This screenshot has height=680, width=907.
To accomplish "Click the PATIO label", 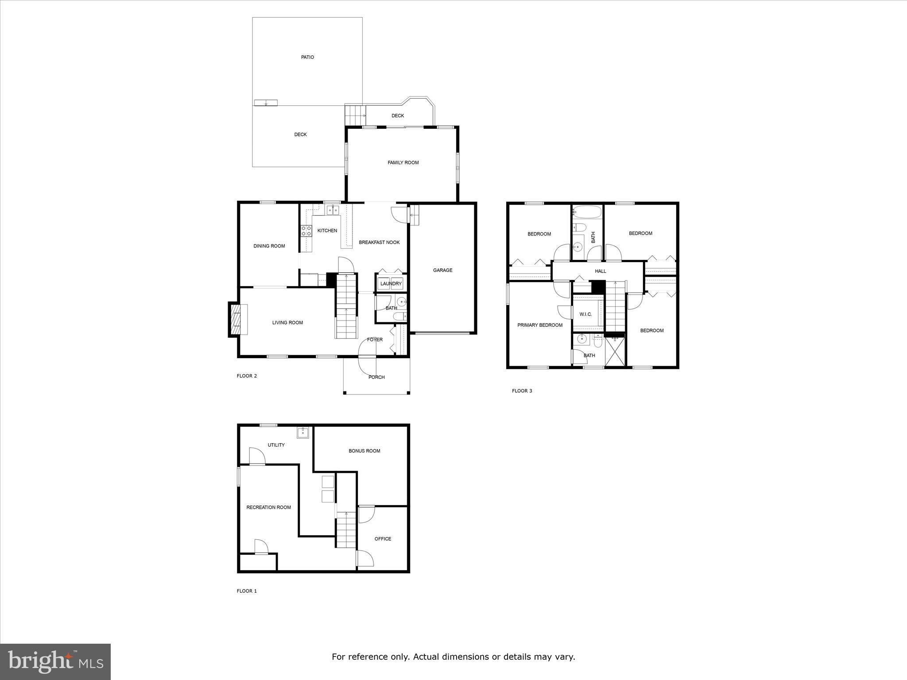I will pyautogui.click(x=307, y=57).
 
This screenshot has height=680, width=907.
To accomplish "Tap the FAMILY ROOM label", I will pyautogui.click(x=403, y=162).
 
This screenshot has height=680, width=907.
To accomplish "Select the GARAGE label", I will pyautogui.click(x=442, y=270).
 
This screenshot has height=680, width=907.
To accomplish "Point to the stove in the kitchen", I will pyautogui.click(x=306, y=230).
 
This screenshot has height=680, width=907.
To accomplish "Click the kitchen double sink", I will pyautogui.click(x=333, y=210).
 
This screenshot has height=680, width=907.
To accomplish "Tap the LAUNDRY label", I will pyautogui.click(x=391, y=284).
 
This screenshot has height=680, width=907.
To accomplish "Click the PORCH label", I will pyautogui.click(x=376, y=377).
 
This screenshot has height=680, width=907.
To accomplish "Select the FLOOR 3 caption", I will pyautogui.click(x=522, y=391).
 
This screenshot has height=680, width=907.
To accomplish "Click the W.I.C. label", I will pyautogui.click(x=585, y=314).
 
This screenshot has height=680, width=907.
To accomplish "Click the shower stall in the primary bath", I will pyautogui.click(x=615, y=352).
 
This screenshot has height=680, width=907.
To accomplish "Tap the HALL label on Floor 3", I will pyautogui.click(x=600, y=271).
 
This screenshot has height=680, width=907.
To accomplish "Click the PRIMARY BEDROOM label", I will pyautogui.click(x=540, y=325).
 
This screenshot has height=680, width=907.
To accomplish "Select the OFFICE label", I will pyautogui.click(x=383, y=539).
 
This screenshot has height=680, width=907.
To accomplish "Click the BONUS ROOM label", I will pyautogui.click(x=364, y=451).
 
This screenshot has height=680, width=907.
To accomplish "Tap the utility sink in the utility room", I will pyautogui.click(x=302, y=433).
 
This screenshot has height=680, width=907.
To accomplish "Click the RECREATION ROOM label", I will pyautogui.click(x=268, y=507).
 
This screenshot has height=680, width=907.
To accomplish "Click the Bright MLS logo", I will pyautogui.click(x=55, y=661).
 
